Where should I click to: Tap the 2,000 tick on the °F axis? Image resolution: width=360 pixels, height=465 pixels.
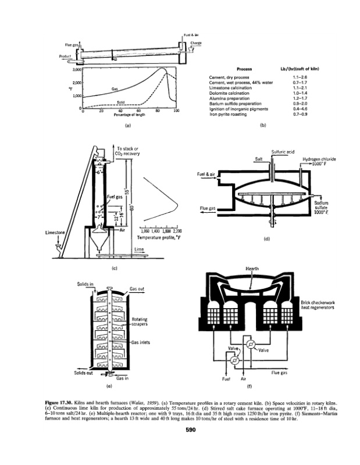(x=76, y=83)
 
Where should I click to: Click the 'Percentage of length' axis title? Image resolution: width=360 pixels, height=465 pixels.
(x=130, y=115)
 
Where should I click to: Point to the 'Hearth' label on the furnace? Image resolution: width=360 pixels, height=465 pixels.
(x=252, y=269)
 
